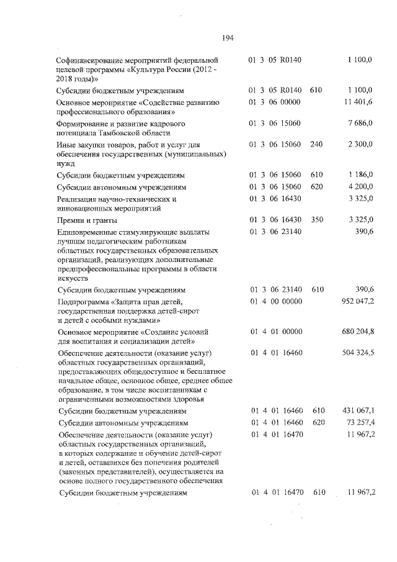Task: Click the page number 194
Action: point(226,38)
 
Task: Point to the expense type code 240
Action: point(316,145)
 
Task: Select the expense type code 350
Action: point(316,220)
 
